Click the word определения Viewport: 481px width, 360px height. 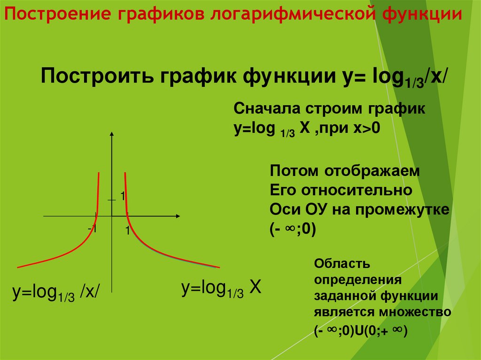[x=357, y=280]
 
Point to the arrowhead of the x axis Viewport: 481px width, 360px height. [x=178, y=216]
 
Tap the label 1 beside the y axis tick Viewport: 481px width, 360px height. [x=122, y=197]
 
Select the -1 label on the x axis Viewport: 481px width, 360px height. [x=92, y=229]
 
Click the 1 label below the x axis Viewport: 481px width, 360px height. [x=127, y=231]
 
